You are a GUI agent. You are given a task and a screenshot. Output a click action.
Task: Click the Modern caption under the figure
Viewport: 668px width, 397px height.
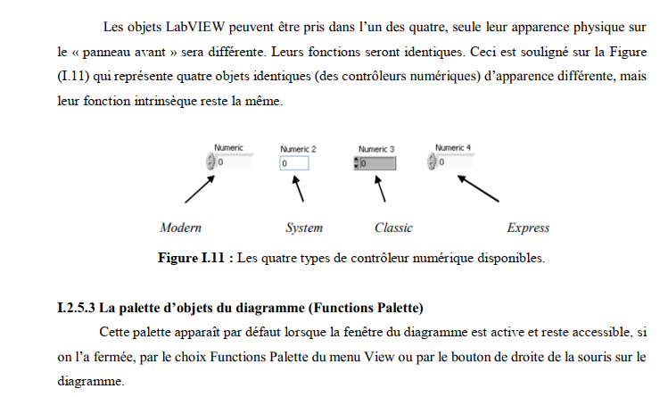tap(180, 227)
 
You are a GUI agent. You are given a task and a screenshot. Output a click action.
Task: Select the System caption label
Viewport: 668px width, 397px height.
tap(303, 227)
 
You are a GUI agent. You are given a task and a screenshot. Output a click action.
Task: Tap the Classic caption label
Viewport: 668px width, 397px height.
tap(393, 227)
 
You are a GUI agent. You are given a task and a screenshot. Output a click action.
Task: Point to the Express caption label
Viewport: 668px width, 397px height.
tap(528, 227)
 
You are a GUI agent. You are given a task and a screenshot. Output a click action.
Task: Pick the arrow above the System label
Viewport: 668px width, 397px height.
tap(299, 190)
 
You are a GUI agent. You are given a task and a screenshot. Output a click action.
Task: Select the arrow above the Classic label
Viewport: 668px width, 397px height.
tap(383, 190)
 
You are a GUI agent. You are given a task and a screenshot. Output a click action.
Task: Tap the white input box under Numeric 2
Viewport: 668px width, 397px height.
tap(293, 163)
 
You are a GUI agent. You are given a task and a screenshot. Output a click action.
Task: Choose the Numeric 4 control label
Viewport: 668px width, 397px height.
tap(453, 146)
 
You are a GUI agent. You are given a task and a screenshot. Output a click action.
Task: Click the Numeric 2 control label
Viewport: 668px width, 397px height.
tap(298, 148)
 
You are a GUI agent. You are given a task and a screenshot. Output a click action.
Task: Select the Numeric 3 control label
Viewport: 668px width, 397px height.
tap(376, 148)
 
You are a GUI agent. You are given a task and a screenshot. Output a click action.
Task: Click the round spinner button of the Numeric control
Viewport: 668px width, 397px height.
tap(211, 162)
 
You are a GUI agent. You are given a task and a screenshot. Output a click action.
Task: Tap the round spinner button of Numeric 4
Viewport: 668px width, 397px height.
tap(433, 161)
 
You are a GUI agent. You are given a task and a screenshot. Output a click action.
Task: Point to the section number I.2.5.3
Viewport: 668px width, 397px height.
tap(75, 309)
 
